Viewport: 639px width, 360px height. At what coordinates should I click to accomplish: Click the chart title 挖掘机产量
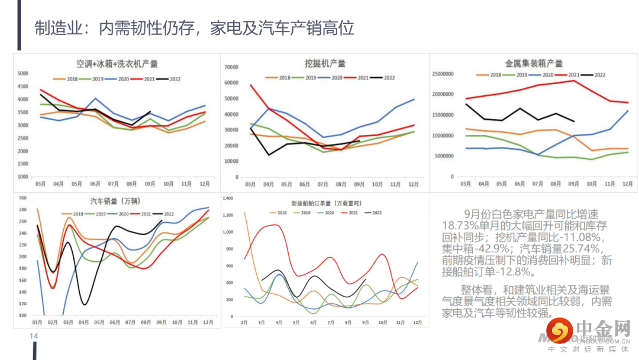[x=325, y=63]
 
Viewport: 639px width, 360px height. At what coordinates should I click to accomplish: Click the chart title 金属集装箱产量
[x=534, y=63]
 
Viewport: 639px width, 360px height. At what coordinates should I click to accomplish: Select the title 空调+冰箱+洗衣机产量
[x=117, y=64]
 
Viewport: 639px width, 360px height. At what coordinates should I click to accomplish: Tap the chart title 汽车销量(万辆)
[x=115, y=201]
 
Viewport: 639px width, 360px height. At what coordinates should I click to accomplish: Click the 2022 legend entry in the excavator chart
[x=385, y=78]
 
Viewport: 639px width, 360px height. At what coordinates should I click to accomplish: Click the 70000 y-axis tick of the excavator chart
[x=230, y=66]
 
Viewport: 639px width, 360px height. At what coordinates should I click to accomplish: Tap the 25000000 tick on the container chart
[x=443, y=74]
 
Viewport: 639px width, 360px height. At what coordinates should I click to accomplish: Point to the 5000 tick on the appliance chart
[x=22, y=73]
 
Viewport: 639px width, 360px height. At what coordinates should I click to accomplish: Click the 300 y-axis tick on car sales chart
[x=23, y=198]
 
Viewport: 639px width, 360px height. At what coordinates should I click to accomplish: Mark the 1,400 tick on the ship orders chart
[x=228, y=198]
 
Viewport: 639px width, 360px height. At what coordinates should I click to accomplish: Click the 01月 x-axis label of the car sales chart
[x=37, y=322]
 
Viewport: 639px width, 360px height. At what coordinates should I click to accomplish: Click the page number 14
[x=34, y=336]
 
